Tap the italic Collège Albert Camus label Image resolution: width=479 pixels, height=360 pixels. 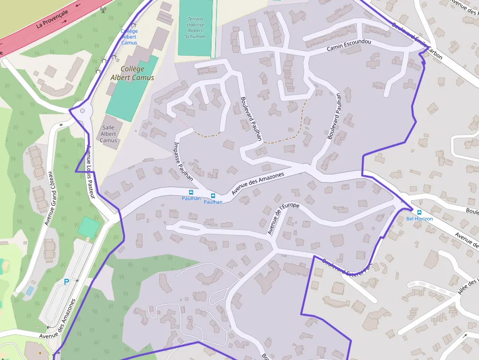[132, 74]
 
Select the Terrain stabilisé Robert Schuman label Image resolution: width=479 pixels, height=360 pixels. [196, 28]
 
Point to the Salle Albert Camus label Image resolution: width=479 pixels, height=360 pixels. [109, 134]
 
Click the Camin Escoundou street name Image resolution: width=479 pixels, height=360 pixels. [349, 45]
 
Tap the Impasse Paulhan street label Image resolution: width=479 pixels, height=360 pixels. [184, 161]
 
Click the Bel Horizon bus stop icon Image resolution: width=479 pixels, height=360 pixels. [419, 212]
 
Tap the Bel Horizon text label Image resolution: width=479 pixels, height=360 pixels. [419, 219]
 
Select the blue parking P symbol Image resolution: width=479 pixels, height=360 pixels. [66, 282]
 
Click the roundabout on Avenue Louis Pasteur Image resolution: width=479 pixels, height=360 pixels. [82, 111]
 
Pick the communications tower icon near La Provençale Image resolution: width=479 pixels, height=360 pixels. [103, 10]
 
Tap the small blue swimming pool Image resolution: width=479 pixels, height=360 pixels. [29, 291]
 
